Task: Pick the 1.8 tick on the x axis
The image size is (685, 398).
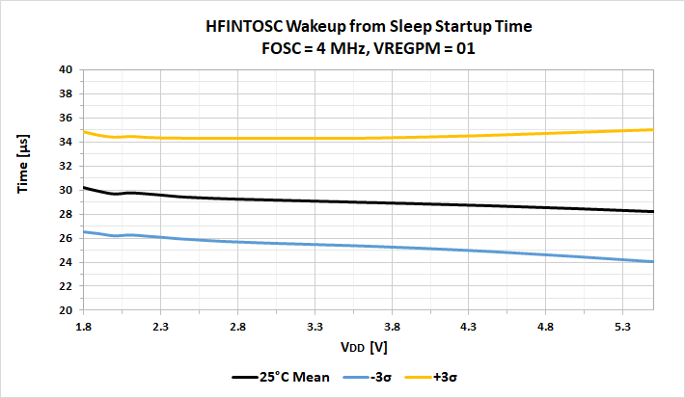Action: (x=83, y=327)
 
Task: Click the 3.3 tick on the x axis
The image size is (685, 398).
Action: (x=315, y=327)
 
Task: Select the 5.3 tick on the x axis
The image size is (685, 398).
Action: (x=622, y=327)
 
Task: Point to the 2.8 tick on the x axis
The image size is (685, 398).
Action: (x=237, y=327)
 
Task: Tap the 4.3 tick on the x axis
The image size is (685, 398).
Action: (x=468, y=327)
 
